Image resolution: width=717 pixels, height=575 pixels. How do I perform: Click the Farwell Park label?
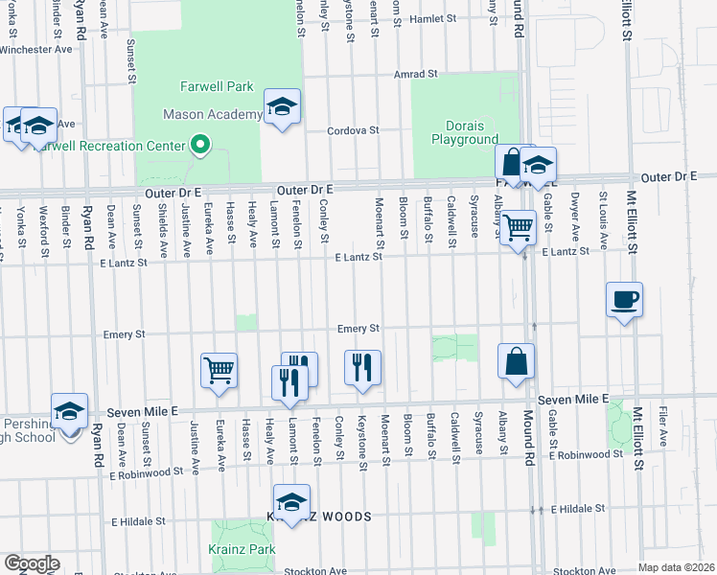tap(217, 86)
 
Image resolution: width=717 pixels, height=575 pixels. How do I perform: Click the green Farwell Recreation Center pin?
tap(200, 146)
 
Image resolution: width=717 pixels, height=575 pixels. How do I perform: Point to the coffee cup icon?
tap(624, 299)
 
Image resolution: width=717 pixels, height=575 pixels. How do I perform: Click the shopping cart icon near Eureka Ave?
tap(220, 369)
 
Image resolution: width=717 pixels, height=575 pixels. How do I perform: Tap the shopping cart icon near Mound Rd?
tap(518, 227)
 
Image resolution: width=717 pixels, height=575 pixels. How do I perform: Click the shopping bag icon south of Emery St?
tap(516, 361)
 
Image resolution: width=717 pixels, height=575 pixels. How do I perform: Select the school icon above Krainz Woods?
tap(292, 500)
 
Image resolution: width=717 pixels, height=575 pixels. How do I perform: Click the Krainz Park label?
tap(242, 549)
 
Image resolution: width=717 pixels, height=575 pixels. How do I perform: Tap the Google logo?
tap(32, 563)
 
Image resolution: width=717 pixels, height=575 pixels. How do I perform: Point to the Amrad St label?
tap(416, 74)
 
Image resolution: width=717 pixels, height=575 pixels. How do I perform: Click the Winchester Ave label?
tap(36, 48)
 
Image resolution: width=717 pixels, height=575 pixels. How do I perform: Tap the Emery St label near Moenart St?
tap(358, 329)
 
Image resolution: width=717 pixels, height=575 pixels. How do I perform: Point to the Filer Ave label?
tap(662, 427)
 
